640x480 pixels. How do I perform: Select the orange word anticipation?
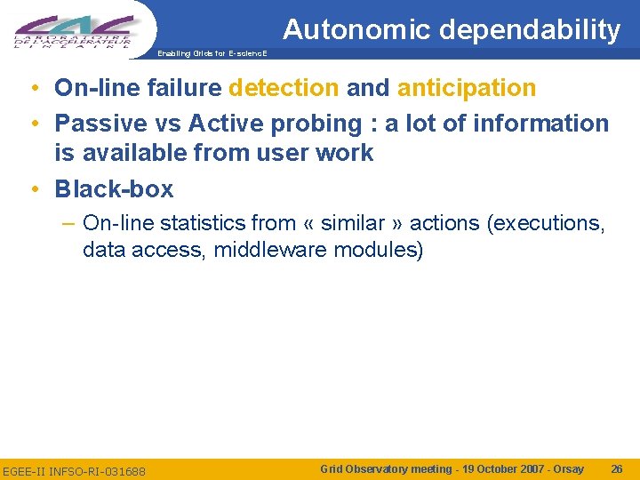[x=467, y=88]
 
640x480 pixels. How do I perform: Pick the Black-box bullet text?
[x=114, y=188]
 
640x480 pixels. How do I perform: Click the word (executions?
[x=547, y=223]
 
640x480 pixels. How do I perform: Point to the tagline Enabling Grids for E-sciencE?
[x=211, y=53]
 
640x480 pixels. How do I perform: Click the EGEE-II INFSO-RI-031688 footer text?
[x=75, y=470]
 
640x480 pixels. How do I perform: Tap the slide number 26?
[x=616, y=468]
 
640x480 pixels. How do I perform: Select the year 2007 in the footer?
[x=511, y=468]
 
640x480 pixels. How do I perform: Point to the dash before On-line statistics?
[x=69, y=223]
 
